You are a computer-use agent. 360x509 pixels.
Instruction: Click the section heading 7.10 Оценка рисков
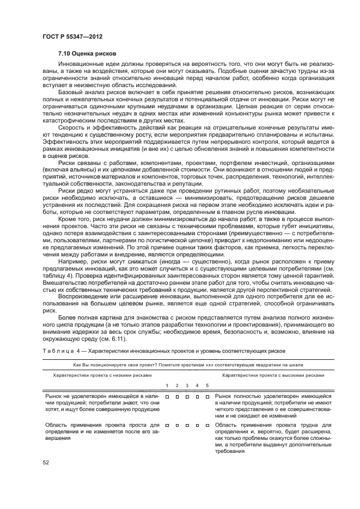(x=86, y=53)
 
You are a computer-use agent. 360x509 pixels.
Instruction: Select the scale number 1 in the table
(x=167, y=385)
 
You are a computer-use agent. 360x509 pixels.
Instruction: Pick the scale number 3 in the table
(x=187, y=385)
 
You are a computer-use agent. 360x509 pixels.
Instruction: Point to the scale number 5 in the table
(x=207, y=385)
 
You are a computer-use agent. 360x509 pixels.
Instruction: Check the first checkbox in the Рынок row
(x=167, y=397)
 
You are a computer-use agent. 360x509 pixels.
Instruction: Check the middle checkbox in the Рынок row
(x=187, y=397)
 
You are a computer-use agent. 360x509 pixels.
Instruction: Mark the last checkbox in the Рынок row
(x=207, y=397)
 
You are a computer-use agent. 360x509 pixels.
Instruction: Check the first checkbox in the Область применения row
(x=167, y=425)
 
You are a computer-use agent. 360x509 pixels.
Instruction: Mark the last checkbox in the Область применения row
(x=207, y=425)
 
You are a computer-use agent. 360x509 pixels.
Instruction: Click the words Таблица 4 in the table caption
(x=59, y=351)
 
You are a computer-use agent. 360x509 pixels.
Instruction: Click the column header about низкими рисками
(x=102, y=375)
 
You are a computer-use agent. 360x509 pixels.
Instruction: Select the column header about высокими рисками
(x=273, y=375)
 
